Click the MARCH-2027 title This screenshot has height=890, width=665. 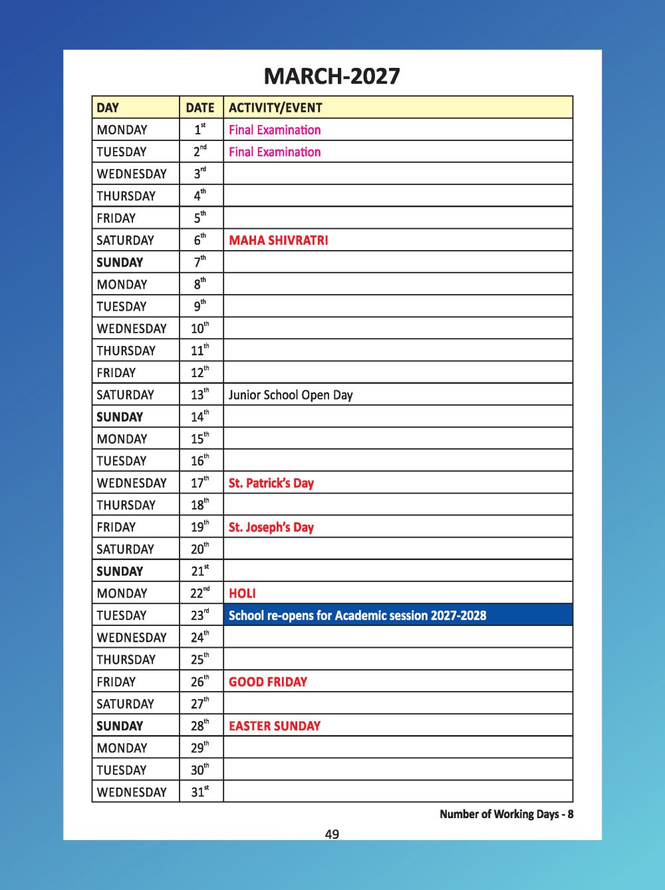click(332, 76)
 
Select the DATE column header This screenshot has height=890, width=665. click(200, 108)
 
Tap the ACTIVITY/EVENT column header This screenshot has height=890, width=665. click(275, 108)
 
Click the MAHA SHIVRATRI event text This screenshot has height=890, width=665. click(278, 240)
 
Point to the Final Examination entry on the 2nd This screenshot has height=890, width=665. click(275, 152)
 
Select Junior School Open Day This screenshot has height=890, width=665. click(291, 395)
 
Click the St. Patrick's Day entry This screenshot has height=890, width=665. click(271, 483)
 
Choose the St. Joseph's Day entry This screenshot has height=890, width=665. click(271, 527)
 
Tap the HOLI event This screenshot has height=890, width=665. click(242, 593)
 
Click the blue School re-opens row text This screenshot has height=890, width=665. click(357, 615)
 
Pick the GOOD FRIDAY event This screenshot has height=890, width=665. click(268, 682)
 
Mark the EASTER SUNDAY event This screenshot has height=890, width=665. click(275, 726)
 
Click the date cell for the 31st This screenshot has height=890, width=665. click(200, 792)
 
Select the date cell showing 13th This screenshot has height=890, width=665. click(200, 394)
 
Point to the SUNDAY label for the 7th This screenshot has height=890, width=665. click(120, 262)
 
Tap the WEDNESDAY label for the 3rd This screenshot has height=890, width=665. click(132, 174)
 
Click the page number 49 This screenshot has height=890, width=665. click(332, 834)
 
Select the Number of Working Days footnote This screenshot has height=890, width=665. click(506, 814)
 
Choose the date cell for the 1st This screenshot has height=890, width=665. click(200, 129)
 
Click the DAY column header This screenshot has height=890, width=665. click(108, 108)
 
